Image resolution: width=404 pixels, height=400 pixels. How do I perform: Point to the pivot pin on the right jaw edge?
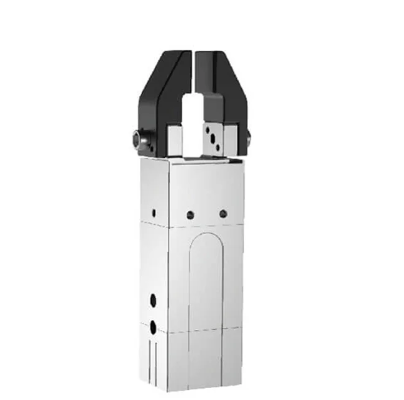point(248,139)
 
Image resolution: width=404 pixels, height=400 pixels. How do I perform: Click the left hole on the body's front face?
point(190,215)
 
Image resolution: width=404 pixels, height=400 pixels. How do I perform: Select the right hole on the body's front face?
point(223,214)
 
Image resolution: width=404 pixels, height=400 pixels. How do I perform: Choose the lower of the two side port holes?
point(153,325)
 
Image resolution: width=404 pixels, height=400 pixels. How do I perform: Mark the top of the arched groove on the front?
point(206,236)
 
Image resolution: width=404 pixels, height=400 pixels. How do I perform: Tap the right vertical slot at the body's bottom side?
point(155,360)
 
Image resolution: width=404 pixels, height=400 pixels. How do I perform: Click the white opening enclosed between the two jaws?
point(192,118)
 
